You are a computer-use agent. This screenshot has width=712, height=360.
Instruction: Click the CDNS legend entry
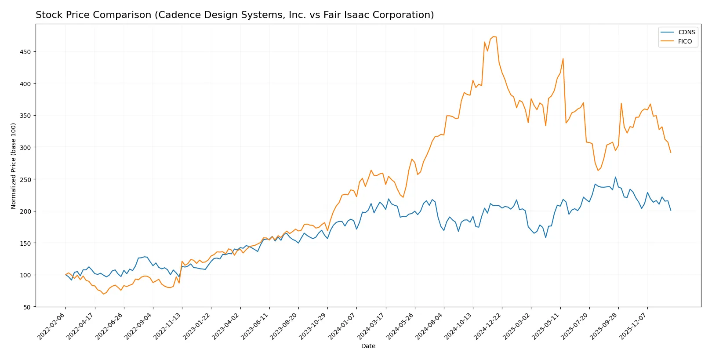click(686, 32)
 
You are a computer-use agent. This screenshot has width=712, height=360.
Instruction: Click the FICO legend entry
click(684, 41)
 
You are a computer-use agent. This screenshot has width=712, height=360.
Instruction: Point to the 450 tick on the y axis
click(25, 52)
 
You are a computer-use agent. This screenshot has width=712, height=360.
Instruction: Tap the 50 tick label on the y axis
click(27, 307)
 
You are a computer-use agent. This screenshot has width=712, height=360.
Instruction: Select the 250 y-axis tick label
click(25, 179)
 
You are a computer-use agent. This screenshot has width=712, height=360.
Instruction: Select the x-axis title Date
click(368, 346)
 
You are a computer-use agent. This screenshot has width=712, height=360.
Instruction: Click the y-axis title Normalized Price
click(13, 166)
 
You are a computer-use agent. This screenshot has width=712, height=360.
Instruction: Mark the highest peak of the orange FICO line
click(493, 36)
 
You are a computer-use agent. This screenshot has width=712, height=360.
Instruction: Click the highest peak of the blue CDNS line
click(615, 177)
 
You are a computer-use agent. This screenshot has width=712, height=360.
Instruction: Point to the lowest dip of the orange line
click(103, 294)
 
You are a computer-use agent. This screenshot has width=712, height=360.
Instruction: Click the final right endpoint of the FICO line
click(671, 153)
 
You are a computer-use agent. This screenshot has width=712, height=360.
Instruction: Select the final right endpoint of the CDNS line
click(671, 210)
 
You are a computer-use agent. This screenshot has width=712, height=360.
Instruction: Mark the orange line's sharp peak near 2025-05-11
click(563, 58)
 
